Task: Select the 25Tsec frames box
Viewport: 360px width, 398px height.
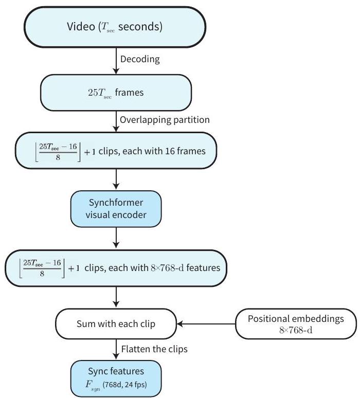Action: (117, 94)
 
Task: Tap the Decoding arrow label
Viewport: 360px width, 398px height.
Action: (140, 59)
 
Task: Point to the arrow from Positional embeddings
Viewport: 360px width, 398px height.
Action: (205, 324)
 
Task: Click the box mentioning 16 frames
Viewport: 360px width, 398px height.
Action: (117, 150)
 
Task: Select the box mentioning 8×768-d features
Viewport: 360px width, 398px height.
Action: (117, 268)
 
